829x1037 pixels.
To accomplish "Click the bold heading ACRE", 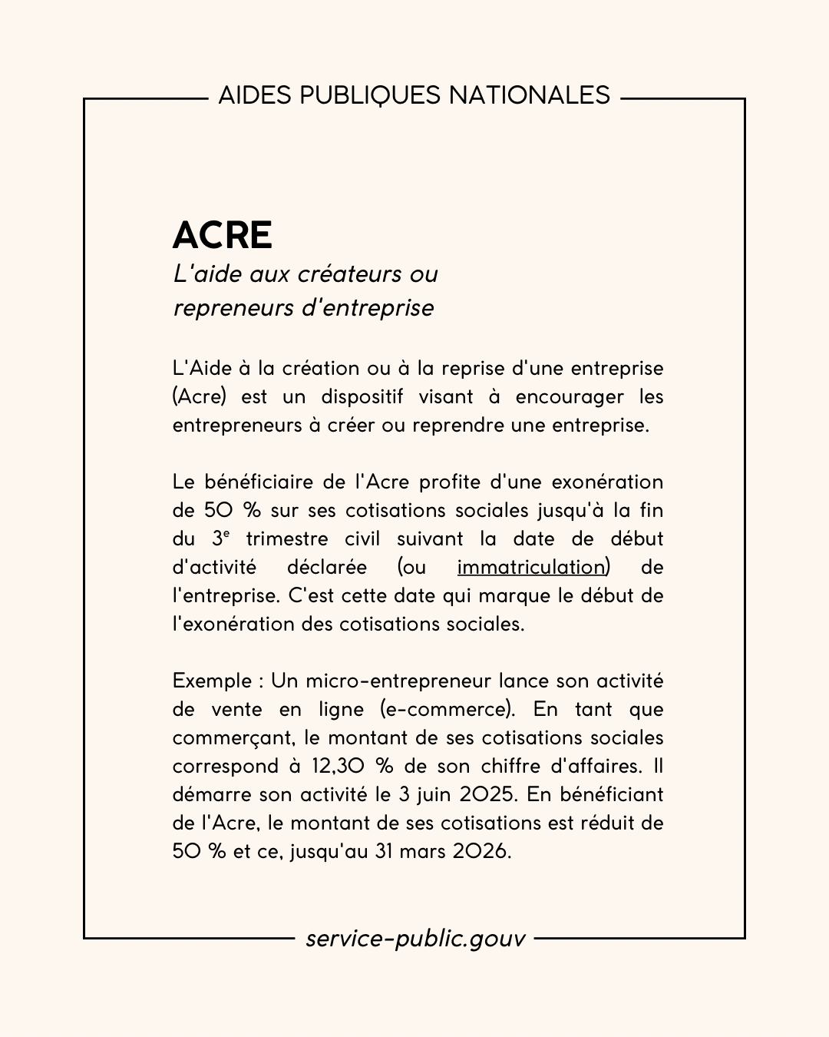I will pyautogui.click(x=223, y=235).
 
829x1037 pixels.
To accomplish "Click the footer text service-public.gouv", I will pyautogui.click(x=415, y=938).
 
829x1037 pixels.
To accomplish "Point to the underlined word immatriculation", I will pyautogui.click(x=530, y=567).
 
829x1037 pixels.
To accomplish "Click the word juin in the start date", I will pyautogui.click(x=433, y=794).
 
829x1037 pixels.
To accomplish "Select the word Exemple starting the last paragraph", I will pyautogui.click(x=212, y=681).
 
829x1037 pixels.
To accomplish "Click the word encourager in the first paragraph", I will pyautogui.click(x=570, y=396).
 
